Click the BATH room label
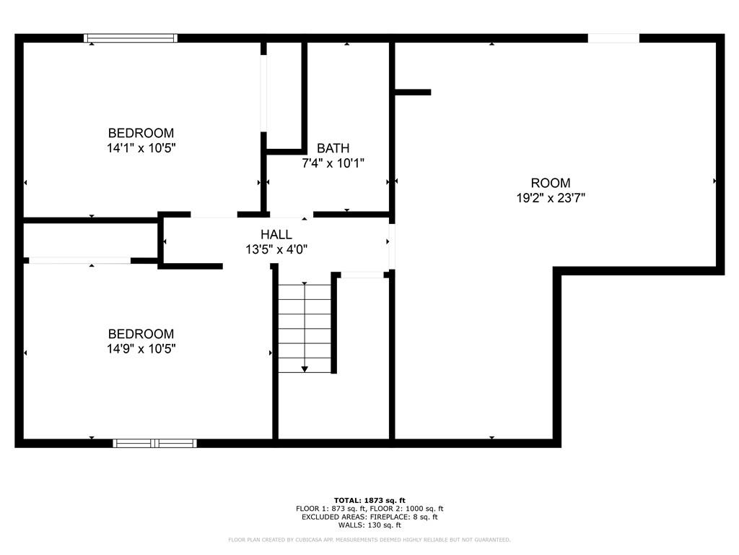coord(333,148)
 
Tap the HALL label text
coord(276,234)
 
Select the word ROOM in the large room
coord(551,183)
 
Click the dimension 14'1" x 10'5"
coord(141,147)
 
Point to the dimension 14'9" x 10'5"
coord(141,348)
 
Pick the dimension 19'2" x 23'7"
coord(551,197)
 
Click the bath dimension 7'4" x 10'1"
coord(333,163)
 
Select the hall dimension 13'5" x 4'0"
coord(276,249)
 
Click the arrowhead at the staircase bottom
coord(305,369)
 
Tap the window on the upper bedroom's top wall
coord(131,38)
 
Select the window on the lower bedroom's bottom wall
coord(155,443)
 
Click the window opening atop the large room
coord(613,38)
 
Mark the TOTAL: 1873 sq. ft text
coord(369,500)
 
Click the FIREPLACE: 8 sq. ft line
coord(369,517)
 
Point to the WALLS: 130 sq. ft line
coord(369,525)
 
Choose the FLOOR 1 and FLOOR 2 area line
coord(369,509)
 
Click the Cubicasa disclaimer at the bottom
coord(369,540)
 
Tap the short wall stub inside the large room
coord(413,92)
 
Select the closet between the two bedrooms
coord(91,240)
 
